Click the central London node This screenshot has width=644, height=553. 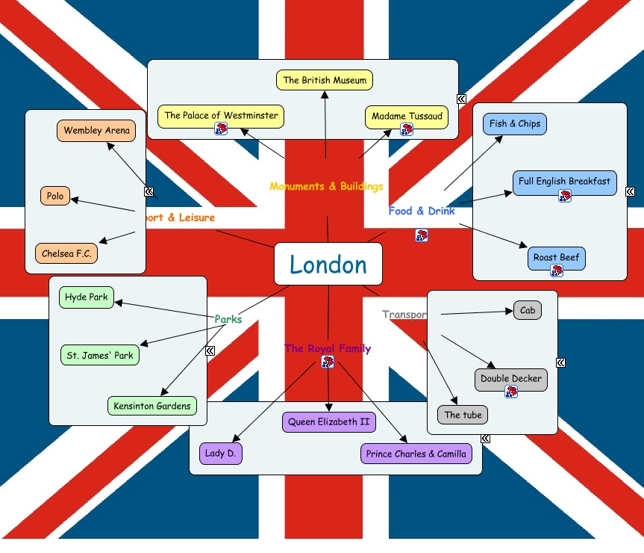point(328,264)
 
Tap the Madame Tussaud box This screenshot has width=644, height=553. point(407,116)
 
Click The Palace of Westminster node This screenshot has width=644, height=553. point(221,116)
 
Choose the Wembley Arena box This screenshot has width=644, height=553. point(96,130)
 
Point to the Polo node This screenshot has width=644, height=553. point(55,197)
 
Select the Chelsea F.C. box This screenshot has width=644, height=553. point(66,253)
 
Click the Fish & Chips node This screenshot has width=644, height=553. point(515,123)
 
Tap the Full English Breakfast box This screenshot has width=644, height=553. point(564,182)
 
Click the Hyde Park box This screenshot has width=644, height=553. point(87,297)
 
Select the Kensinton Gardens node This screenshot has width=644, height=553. point(152,406)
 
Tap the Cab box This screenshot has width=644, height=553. point(528,310)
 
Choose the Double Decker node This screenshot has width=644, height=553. point(511,379)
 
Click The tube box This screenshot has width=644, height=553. point(463,415)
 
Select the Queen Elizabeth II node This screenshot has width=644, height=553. point(329,421)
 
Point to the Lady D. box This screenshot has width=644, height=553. point(222,454)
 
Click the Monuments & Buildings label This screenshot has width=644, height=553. point(326,186)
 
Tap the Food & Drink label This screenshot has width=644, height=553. point(422,211)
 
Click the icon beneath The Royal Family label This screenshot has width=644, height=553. point(328,362)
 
